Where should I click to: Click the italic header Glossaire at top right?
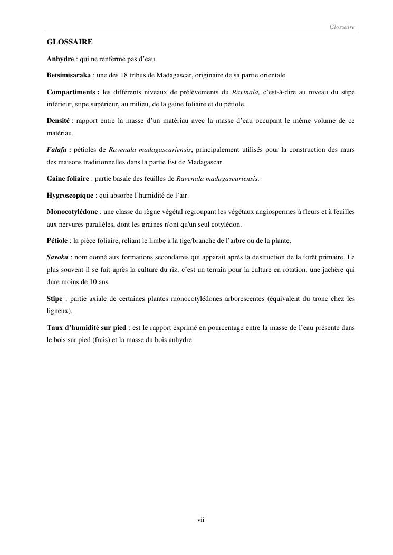(342, 26)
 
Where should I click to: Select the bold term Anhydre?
(60, 58)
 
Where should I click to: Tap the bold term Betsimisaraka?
(69, 75)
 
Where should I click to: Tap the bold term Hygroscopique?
(70, 196)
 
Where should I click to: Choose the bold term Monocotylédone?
(72, 212)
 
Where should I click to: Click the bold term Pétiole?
(57, 241)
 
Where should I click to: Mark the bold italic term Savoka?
(57, 258)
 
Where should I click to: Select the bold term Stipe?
(54, 299)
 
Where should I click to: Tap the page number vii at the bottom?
(200, 520)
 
